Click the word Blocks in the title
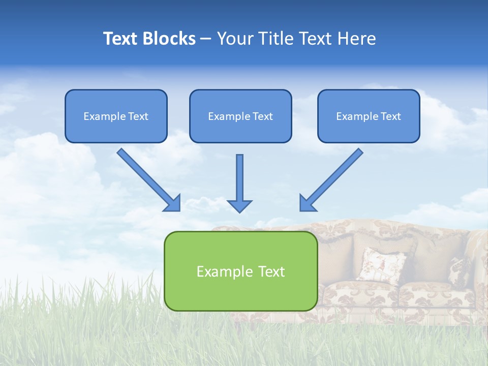pos(170,39)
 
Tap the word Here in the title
pos(357,39)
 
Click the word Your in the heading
pos(234,39)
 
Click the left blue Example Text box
pos(116,116)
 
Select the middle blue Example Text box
pos(240,116)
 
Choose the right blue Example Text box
pos(369,116)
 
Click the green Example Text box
pos(240,271)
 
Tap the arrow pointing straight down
pos(239,180)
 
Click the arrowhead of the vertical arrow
pos(239,205)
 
